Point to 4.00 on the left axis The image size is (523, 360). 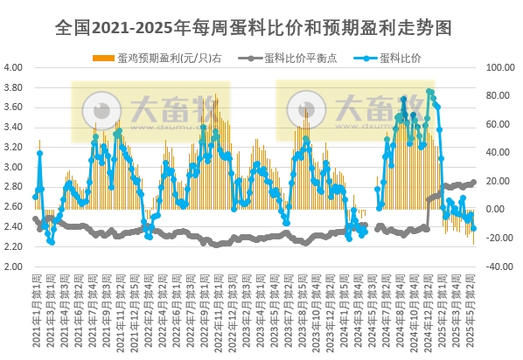13,67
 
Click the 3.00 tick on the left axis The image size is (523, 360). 13,167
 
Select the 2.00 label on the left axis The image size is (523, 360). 13,267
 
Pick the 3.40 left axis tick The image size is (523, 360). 13,128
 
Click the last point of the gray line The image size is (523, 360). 474,182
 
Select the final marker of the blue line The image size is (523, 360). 474,229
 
